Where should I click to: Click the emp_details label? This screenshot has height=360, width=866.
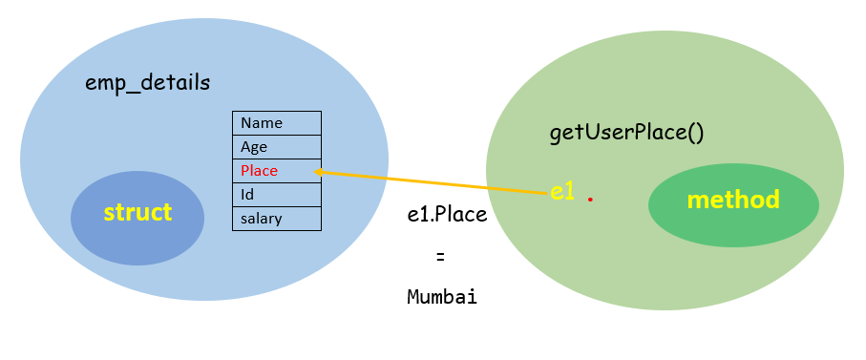pyautogui.click(x=147, y=82)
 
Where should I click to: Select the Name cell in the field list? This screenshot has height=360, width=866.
pyautogui.click(x=276, y=123)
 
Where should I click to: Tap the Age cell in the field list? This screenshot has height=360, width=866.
pyautogui.click(x=276, y=147)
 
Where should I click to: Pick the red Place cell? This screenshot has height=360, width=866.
pyautogui.click(x=276, y=171)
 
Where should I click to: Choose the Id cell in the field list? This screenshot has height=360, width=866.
pyautogui.click(x=276, y=195)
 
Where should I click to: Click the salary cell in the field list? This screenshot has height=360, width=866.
pyautogui.click(x=276, y=219)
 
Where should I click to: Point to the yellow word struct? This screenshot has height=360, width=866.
pyautogui.click(x=137, y=212)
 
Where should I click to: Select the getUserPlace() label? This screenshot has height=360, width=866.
pyautogui.click(x=626, y=133)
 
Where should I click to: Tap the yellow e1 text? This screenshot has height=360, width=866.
pyautogui.click(x=562, y=191)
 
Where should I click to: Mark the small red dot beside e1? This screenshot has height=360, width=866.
pyautogui.click(x=591, y=200)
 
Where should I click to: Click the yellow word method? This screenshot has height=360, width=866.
pyautogui.click(x=733, y=200)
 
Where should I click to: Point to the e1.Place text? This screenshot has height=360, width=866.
pyautogui.click(x=447, y=215)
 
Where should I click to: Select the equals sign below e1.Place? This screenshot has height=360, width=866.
pyautogui.click(x=440, y=257)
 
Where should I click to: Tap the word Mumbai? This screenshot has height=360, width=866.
pyautogui.click(x=442, y=297)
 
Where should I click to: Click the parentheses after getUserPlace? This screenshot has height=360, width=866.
pyautogui.click(x=695, y=133)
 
